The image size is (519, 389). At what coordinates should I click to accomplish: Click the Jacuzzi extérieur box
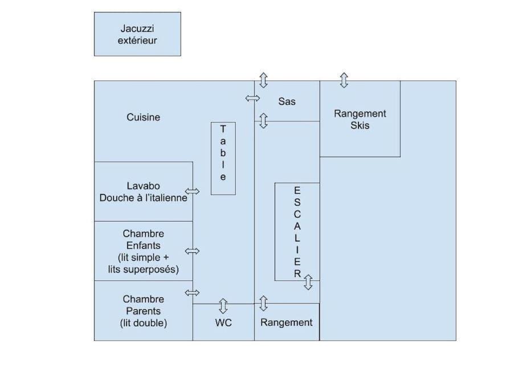tap(137, 34)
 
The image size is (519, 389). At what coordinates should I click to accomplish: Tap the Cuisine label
tap(144, 117)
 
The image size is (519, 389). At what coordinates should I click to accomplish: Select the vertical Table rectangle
tap(223, 158)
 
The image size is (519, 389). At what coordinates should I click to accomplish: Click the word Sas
tap(287, 101)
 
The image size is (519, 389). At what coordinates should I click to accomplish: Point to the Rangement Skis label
tap(360, 119)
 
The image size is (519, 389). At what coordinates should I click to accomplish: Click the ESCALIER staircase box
tap(297, 232)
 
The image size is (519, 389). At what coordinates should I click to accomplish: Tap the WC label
tap(223, 322)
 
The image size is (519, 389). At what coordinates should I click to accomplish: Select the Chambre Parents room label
tap(144, 311)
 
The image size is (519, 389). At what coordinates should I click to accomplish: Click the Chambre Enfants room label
tap(144, 251)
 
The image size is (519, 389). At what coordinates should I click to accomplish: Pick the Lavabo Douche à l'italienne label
tap(144, 192)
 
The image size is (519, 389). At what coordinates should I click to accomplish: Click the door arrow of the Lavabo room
tap(193, 191)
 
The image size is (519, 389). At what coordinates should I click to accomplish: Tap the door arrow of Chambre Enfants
tap(193, 251)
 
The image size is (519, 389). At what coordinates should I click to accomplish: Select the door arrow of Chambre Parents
tap(193, 293)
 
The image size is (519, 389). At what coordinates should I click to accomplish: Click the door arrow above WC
tap(223, 306)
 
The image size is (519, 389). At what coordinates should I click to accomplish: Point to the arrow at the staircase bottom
tap(308, 282)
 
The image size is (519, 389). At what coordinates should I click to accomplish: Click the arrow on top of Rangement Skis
tap(344, 80)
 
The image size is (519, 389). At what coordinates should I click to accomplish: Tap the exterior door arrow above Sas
tap(263, 80)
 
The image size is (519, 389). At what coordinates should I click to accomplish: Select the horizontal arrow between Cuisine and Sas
tap(252, 98)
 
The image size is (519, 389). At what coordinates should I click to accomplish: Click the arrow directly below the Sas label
tap(263, 121)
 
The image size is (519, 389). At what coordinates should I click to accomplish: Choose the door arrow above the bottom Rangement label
tap(263, 304)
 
